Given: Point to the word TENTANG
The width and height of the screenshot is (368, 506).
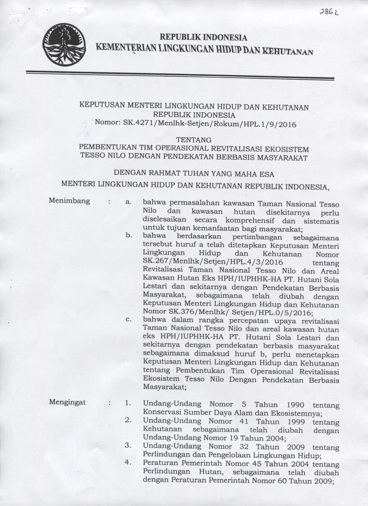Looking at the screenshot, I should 194,139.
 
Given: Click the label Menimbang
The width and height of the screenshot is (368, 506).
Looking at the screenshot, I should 70,201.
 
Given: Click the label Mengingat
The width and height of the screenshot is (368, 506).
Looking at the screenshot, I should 68,402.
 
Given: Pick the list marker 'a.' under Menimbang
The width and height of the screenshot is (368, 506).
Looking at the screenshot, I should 129,202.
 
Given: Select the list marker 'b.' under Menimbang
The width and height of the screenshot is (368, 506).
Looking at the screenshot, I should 129,236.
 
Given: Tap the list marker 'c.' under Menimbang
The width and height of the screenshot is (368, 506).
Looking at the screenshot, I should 129,319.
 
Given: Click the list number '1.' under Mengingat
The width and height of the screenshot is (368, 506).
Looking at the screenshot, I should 128,404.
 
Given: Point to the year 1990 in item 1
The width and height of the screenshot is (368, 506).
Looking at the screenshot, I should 295,405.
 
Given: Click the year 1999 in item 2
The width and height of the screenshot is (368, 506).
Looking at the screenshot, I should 295,422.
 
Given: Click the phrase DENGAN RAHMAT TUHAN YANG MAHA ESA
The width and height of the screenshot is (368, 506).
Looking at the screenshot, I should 194,174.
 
